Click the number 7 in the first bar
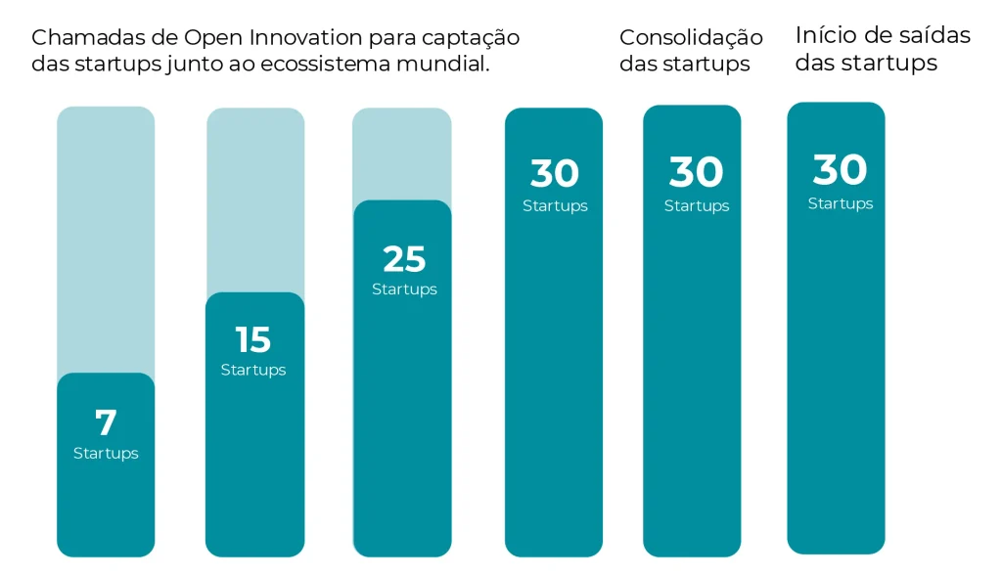pyautogui.click(x=106, y=423)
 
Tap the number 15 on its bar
pyautogui.click(x=252, y=340)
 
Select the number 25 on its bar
pyautogui.click(x=404, y=259)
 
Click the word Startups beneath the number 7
pyautogui.click(x=106, y=454)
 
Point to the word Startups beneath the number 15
pyautogui.click(x=253, y=370)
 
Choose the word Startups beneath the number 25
pyautogui.click(x=404, y=289)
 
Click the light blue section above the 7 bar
pyautogui.click(x=106, y=240)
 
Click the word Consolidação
pyautogui.click(x=691, y=38)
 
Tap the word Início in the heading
pyautogui.click(x=825, y=35)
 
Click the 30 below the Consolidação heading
pyautogui.click(x=696, y=173)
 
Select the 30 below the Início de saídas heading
pyautogui.click(x=840, y=170)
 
